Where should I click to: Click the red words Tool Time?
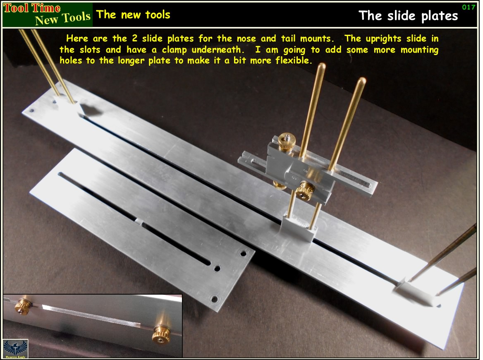[x=32, y=8]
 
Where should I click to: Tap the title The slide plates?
[x=408, y=16]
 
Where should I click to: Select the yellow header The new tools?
[x=133, y=14]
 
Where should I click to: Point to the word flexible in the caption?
[x=295, y=60]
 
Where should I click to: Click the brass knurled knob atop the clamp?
[x=285, y=142]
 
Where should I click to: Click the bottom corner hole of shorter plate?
[x=214, y=299]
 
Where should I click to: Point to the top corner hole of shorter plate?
[x=243, y=253]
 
